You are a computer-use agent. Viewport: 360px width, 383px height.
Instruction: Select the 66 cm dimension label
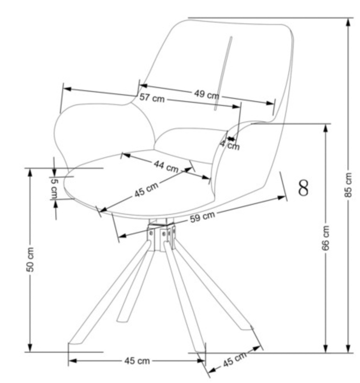pos(327,237)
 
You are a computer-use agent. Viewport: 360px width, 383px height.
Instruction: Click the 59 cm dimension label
pos(202,217)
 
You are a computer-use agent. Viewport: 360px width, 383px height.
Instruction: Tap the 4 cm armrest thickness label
pos(230,145)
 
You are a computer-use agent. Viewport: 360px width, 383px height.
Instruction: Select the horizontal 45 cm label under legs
pos(137,361)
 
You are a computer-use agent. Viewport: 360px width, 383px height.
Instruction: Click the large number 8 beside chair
pos(304,188)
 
